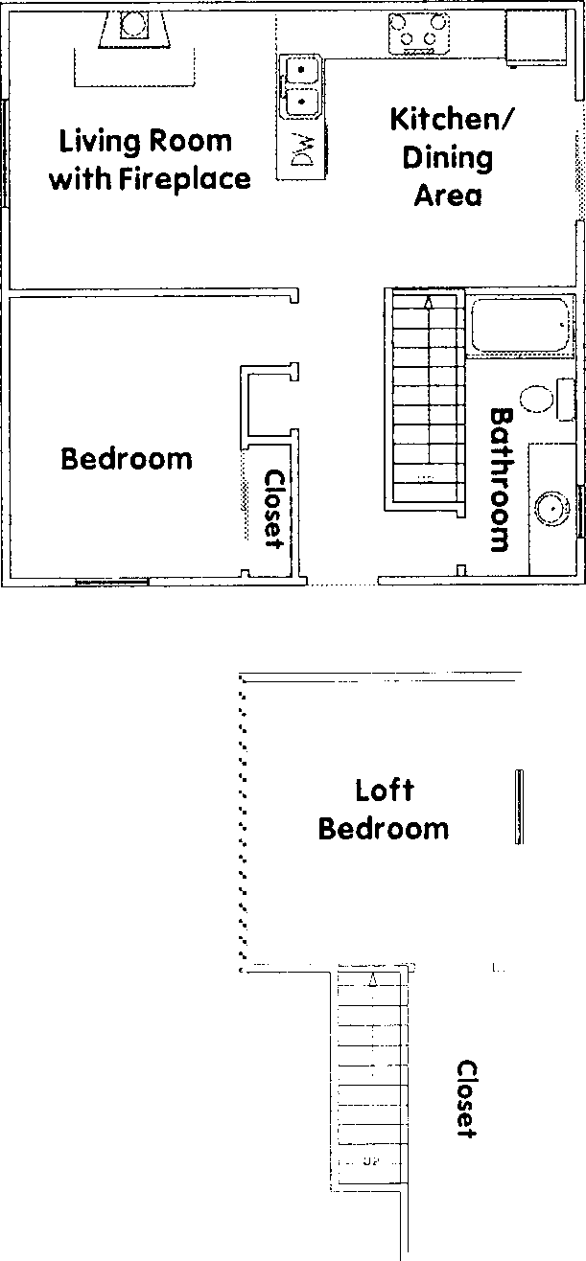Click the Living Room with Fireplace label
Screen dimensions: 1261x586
click(x=150, y=159)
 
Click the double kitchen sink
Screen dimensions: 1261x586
click(x=303, y=83)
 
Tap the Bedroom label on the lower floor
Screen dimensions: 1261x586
click(x=127, y=459)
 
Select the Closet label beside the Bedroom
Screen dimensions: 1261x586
click(x=275, y=509)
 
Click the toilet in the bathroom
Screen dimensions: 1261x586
click(x=540, y=398)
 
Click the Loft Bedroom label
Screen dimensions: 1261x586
click(x=384, y=810)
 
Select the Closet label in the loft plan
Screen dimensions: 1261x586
click(x=466, y=1098)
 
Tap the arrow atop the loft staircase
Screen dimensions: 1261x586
click(x=374, y=979)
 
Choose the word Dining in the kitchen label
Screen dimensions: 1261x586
click(x=447, y=158)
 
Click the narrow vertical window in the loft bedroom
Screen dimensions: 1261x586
click(x=519, y=807)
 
